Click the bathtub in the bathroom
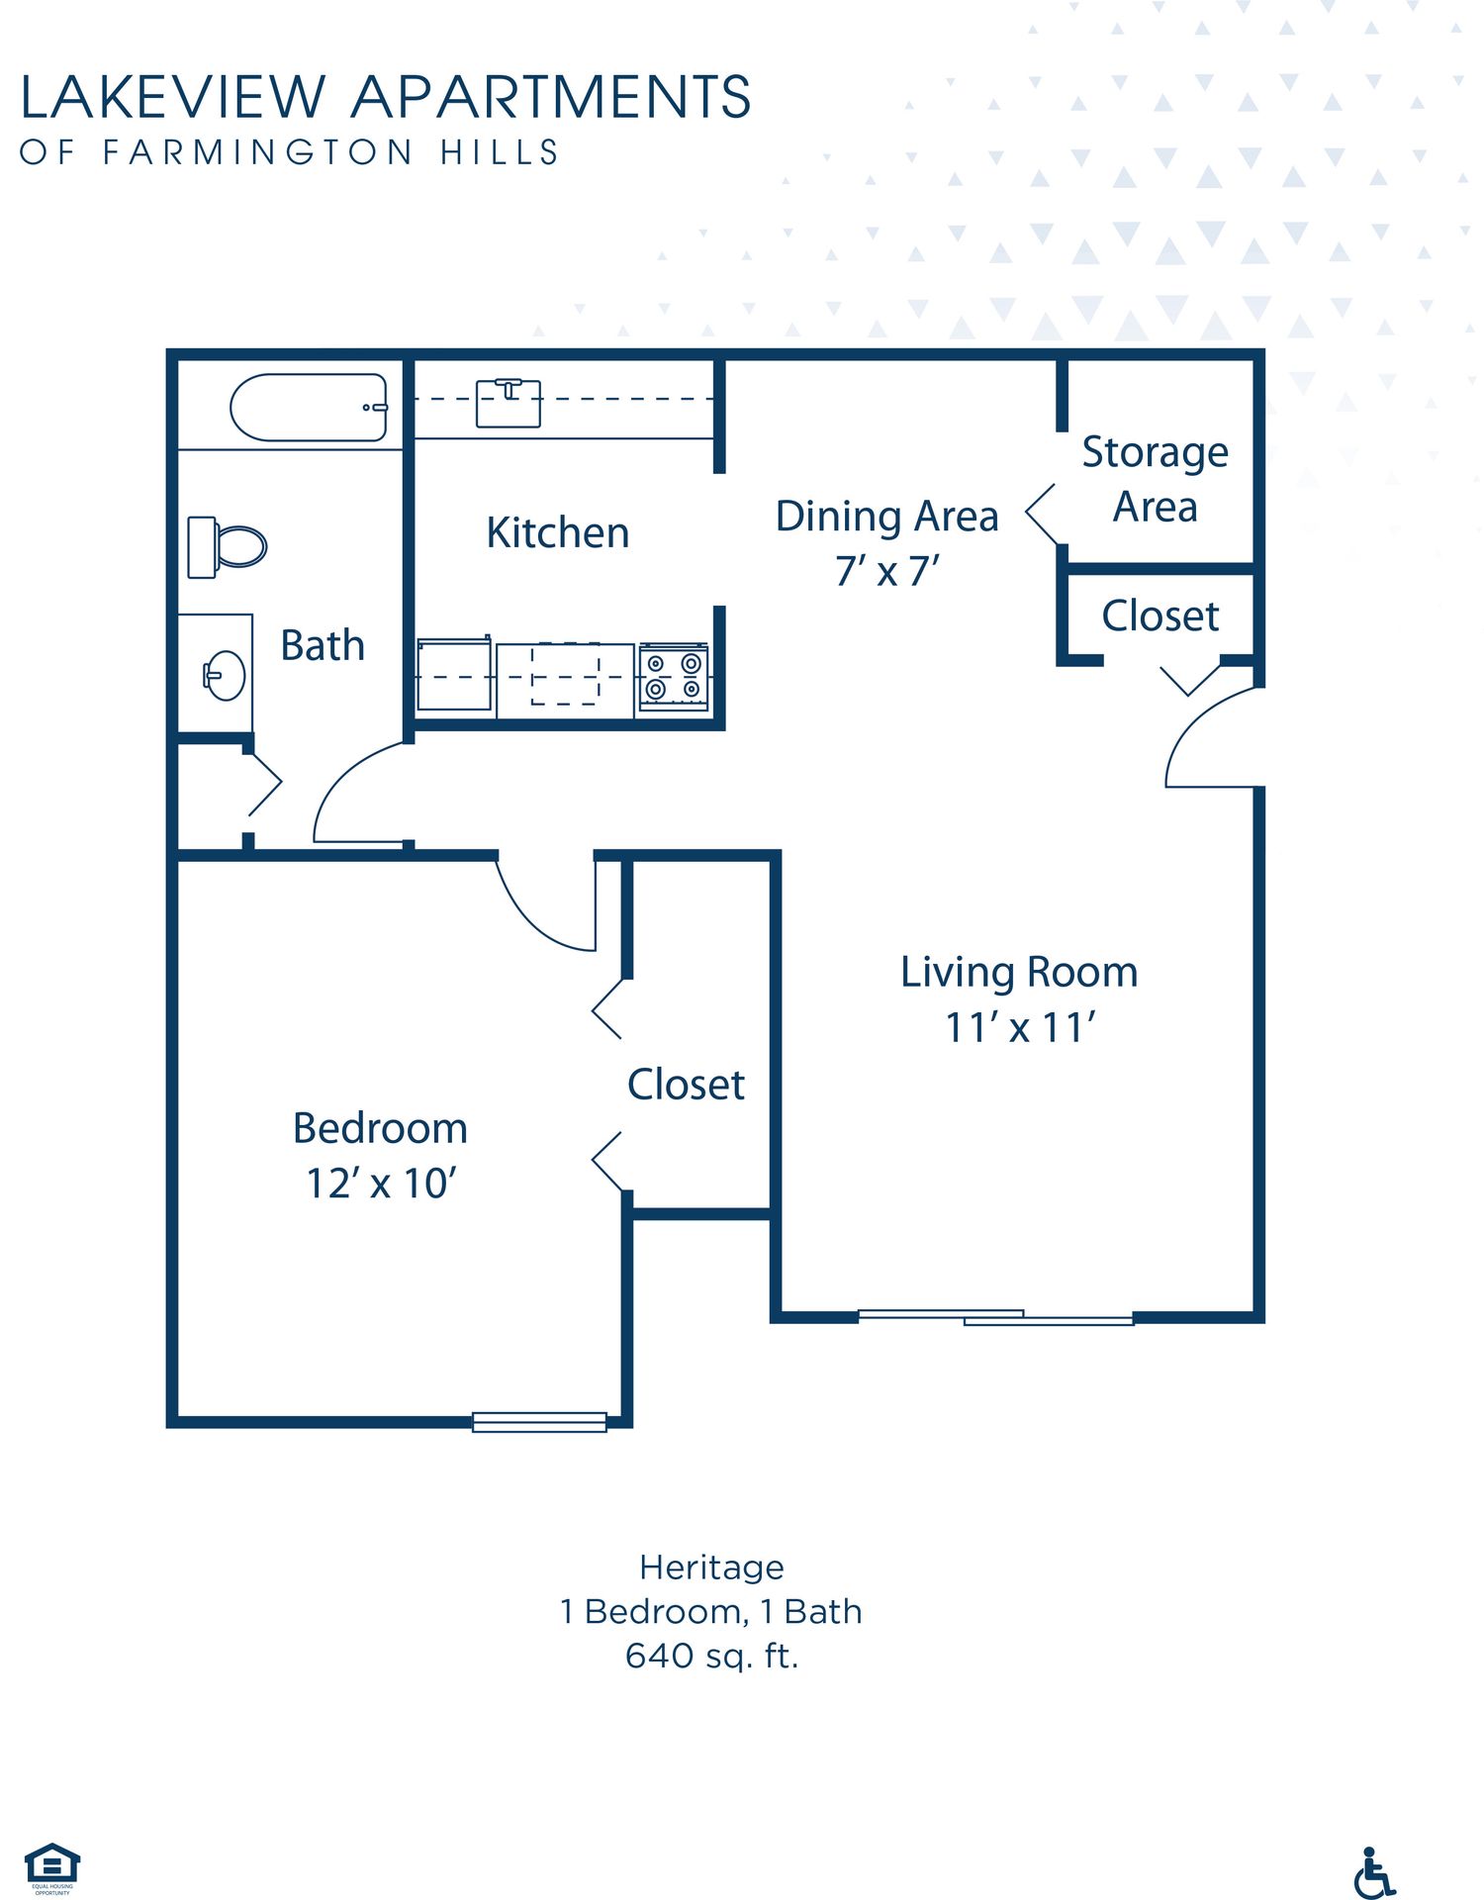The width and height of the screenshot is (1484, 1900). pos(308,407)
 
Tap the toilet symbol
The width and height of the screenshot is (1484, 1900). pos(228,546)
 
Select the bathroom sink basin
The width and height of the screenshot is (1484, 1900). pos(226,675)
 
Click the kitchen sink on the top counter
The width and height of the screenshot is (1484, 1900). pos(508,403)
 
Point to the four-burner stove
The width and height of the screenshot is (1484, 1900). pos(673,676)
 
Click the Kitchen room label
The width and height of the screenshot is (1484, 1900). pos(557,532)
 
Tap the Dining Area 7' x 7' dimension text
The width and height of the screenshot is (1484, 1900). pos(886,571)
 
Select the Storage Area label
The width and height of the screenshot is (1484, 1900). pos(1155,479)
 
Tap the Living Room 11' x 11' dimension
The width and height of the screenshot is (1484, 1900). pos(1019,1027)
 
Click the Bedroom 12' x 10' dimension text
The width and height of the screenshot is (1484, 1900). pos(380,1184)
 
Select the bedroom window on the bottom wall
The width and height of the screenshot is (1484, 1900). pos(539,1422)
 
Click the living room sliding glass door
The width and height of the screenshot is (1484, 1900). pos(994,1317)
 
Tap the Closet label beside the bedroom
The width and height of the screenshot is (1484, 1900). pos(686,1085)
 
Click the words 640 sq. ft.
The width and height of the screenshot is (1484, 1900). pos(711,1656)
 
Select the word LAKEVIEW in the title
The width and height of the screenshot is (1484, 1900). pos(173,97)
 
